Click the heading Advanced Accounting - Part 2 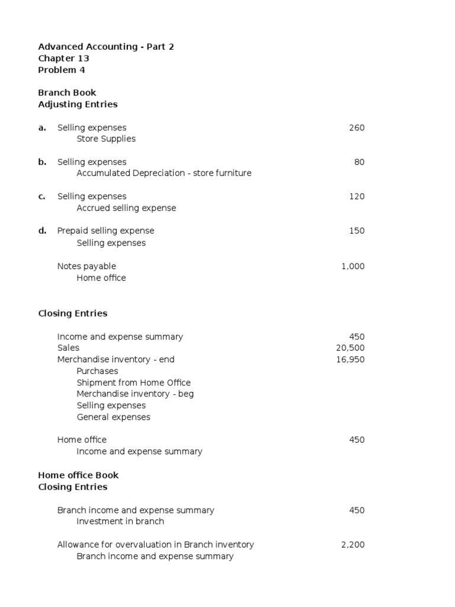tap(106, 47)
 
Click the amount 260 tap(357, 127)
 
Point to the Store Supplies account tap(106, 139)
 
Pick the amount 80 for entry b tap(360, 162)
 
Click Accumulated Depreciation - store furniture tap(164, 173)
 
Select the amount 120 tap(357, 196)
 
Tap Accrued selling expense tap(126, 208)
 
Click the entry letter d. tap(42, 231)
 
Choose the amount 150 tap(357, 231)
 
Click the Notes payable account tap(86, 266)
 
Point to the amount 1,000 tap(353, 266)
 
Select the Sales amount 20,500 tap(350, 348)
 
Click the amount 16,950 tap(350, 359)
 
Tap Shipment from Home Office tap(133, 382)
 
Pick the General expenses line tap(113, 417)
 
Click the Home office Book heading tap(78, 475)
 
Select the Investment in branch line tap(120, 521)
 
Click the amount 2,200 tap(353, 545)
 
